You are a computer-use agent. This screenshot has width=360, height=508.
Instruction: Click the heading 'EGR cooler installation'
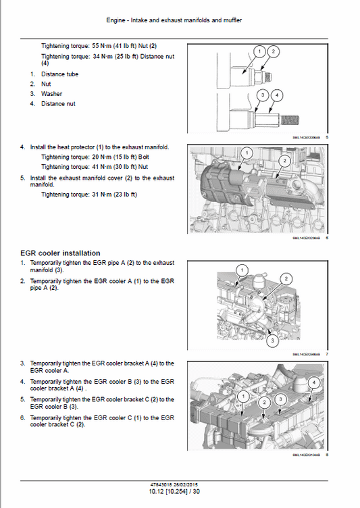coord(60,253)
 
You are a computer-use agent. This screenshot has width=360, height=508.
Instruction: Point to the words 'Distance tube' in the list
coord(59,74)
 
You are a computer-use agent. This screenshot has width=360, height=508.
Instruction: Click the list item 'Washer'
coord(51,94)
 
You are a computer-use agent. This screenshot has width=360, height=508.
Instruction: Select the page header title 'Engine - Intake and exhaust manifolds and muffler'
coord(180,20)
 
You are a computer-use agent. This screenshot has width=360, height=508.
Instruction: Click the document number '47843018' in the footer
coord(164,484)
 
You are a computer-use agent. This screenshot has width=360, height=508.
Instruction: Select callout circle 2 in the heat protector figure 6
coord(284,161)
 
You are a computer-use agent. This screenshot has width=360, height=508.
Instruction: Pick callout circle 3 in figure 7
coord(272,341)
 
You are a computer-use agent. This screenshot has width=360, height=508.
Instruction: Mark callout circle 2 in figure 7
coord(286,279)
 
